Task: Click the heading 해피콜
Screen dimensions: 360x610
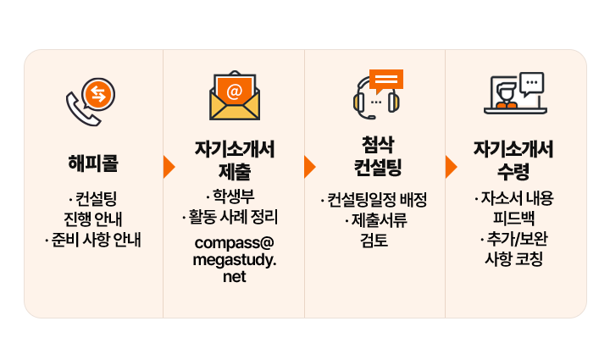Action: click(93, 161)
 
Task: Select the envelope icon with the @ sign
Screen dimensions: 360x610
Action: click(235, 96)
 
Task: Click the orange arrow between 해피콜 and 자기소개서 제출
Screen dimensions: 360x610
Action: click(169, 167)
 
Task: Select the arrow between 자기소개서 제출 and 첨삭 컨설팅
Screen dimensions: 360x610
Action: click(309, 167)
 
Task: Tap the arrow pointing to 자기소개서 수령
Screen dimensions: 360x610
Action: click(451, 167)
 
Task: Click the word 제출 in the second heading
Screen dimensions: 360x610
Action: click(235, 171)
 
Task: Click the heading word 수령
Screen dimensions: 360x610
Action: click(513, 171)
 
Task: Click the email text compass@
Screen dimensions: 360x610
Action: click(235, 242)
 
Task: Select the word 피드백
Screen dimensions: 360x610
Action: click(513, 219)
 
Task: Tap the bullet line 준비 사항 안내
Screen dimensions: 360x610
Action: click(95, 240)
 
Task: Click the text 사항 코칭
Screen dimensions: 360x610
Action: click(513, 258)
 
